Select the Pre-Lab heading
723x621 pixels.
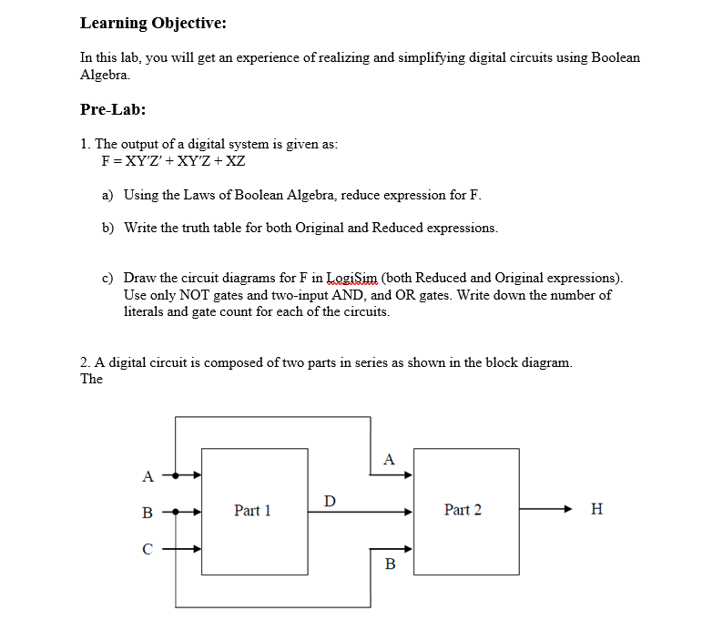(113, 109)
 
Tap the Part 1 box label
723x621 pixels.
(252, 511)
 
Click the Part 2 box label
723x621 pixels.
(463, 510)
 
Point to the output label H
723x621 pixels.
(596, 510)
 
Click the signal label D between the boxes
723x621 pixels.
(330, 500)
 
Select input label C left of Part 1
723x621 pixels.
(148, 549)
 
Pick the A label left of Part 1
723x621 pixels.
(148, 475)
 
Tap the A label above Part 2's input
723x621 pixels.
(390, 459)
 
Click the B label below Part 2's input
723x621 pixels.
(391, 565)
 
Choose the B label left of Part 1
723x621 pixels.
(148, 512)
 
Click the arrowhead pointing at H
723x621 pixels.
(568, 510)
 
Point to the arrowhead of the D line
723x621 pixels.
(409, 511)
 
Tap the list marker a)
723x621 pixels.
(107, 195)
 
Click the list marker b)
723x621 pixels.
(107, 227)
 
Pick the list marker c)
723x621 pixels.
(107, 278)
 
